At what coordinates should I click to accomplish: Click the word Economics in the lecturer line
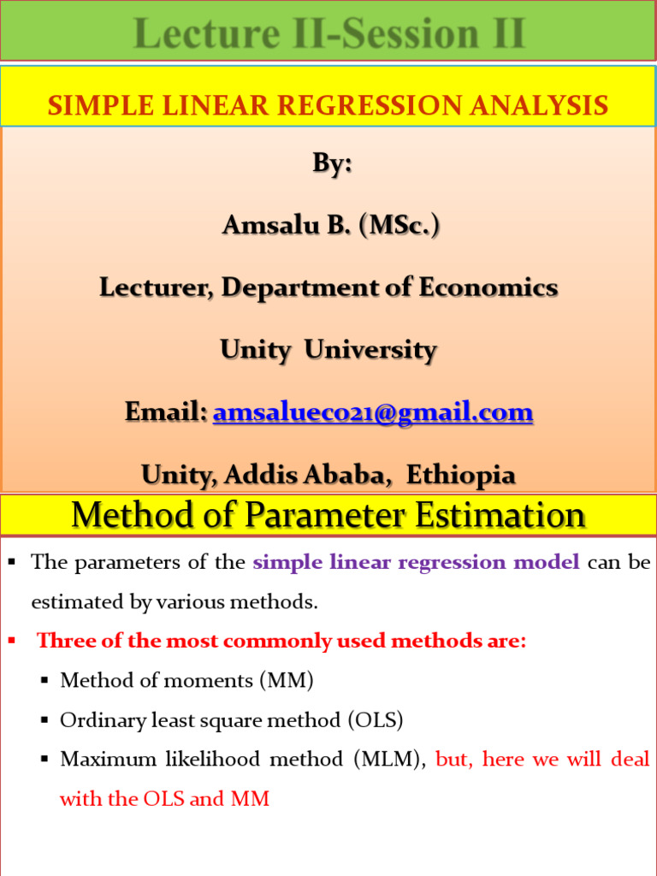(488, 287)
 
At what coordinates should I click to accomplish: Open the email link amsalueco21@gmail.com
(373, 412)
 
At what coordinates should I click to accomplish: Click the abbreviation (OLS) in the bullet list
(374, 720)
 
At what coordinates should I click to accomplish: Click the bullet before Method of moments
(44, 681)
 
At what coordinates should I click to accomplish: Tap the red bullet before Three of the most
(12, 641)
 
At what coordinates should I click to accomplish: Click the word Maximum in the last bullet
(97, 760)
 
